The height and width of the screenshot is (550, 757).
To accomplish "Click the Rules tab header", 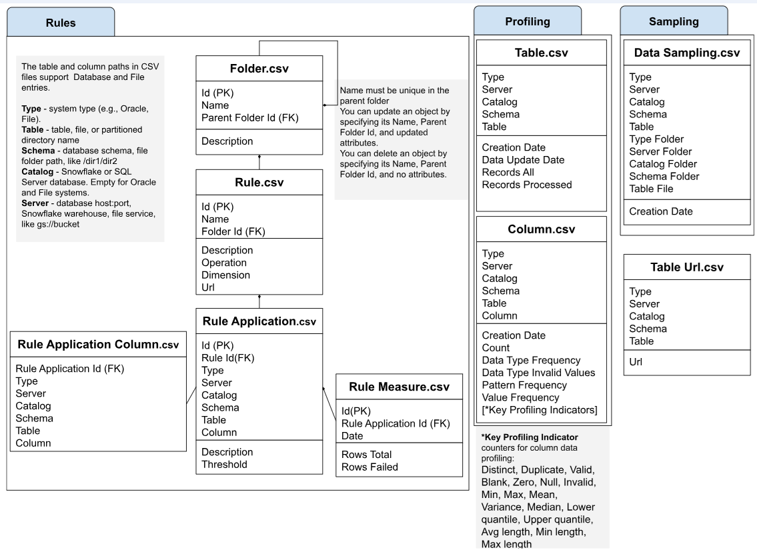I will [x=60, y=23].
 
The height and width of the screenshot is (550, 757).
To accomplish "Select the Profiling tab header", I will [x=528, y=21].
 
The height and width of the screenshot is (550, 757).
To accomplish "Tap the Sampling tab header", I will [x=674, y=21].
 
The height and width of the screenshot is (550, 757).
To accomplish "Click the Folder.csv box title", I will [x=259, y=69].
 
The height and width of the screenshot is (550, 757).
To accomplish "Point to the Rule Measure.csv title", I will [x=400, y=386].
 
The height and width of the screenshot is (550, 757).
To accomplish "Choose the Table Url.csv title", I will [x=688, y=267].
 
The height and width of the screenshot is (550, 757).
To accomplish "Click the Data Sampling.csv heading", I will [x=686, y=53].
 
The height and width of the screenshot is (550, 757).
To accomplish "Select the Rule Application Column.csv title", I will [x=98, y=345].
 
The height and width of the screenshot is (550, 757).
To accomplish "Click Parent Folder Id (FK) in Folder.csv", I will [x=250, y=118].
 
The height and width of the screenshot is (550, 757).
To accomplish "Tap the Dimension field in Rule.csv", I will [x=226, y=275].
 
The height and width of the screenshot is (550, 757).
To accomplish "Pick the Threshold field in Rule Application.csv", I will [x=225, y=464].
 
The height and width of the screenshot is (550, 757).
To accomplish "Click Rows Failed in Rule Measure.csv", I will [x=369, y=467].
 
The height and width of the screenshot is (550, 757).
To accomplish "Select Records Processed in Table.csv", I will [x=527, y=185].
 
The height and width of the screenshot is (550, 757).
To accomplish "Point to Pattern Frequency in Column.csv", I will [x=524, y=385].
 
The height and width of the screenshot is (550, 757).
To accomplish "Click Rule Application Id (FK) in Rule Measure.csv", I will [x=396, y=423].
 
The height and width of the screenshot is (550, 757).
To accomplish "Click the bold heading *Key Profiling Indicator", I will [x=530, y=437].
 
